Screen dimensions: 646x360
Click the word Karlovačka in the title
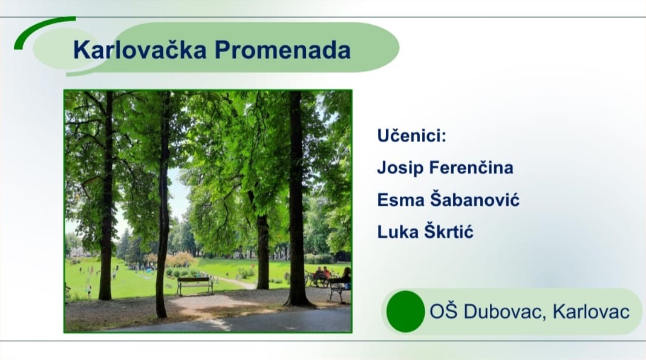140,50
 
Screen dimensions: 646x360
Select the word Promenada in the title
282,50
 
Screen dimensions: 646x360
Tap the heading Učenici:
412,135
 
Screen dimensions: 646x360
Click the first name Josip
400,168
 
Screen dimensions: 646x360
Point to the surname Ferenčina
471,167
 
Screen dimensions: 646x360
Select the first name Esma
401,200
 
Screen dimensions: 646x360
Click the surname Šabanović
475,199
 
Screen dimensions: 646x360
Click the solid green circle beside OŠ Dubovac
405,312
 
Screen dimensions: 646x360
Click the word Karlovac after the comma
591,312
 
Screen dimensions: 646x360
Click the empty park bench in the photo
195,286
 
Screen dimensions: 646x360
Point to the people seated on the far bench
321,275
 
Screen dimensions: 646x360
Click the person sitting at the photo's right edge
346,278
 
